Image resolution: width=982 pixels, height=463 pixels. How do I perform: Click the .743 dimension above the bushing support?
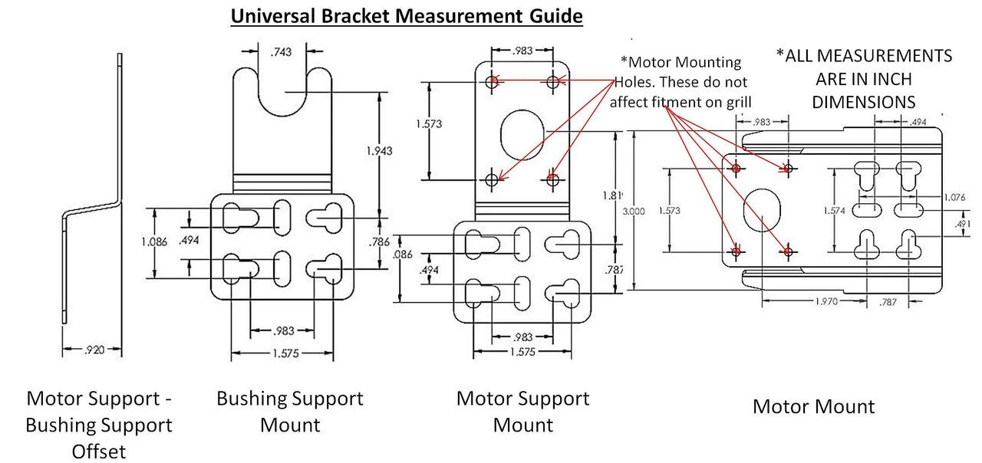[x=282, y=52]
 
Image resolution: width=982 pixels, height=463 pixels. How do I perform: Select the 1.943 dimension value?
[x=380, y=151]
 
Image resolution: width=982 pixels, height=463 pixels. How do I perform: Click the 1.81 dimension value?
[x=612, y=195]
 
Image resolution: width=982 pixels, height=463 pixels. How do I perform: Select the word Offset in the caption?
[x=99, y=451]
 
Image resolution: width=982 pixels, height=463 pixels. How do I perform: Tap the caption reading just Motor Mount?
[x=813, y=406]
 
